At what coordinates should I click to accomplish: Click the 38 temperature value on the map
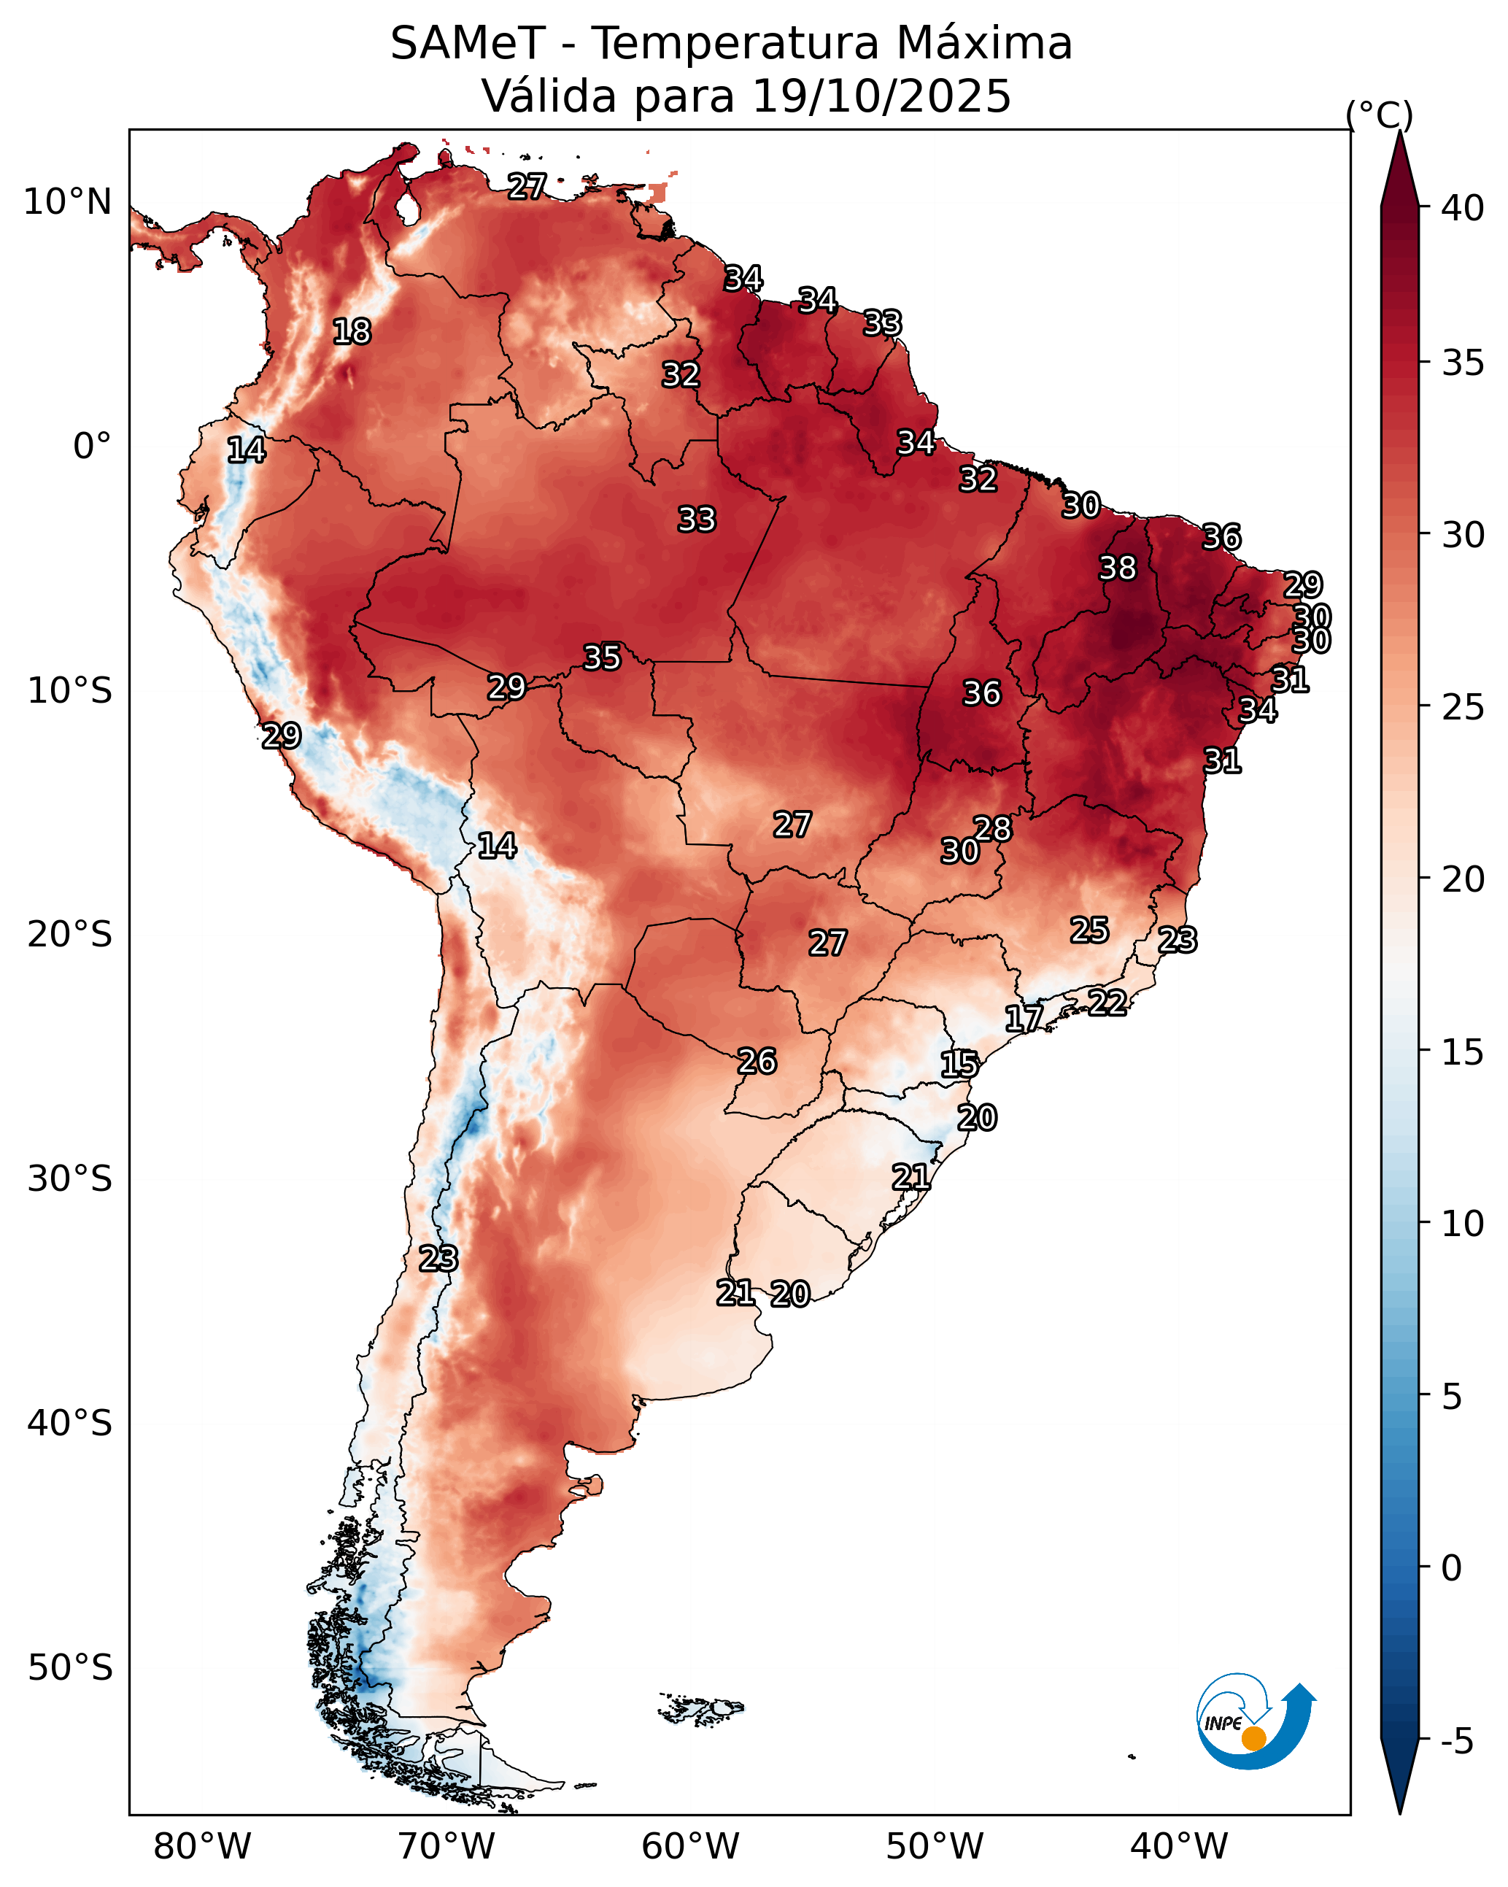pyautogui.click(x=1118, y=568)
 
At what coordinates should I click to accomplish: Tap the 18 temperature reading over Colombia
pyautogui.click(x=352, y=332)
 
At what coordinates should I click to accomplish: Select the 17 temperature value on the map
pyautogui.click(x=1023, y=1018)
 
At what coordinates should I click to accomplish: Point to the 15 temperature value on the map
pyautogui.click(x=959, y=1065)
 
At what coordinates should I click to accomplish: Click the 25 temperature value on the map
pyautogui.click(x=1090, y=930)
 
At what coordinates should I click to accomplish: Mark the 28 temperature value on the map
pyautogui.click(x=992, y=828)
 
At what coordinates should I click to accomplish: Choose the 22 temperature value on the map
pyautogui.click(x=1107, y=1001)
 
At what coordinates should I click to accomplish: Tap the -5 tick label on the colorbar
pyautogui.click(x=1457, y=1742)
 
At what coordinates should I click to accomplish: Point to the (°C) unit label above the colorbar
pyautogui.click(x=1378, y=115)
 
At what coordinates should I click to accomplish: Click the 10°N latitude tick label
pyautogui.click(x=67, y=202)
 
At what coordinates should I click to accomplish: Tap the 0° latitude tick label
pyautogui.click(x=92, y=447)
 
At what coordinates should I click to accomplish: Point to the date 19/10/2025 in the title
pyautogui.click(x=881, y=96)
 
